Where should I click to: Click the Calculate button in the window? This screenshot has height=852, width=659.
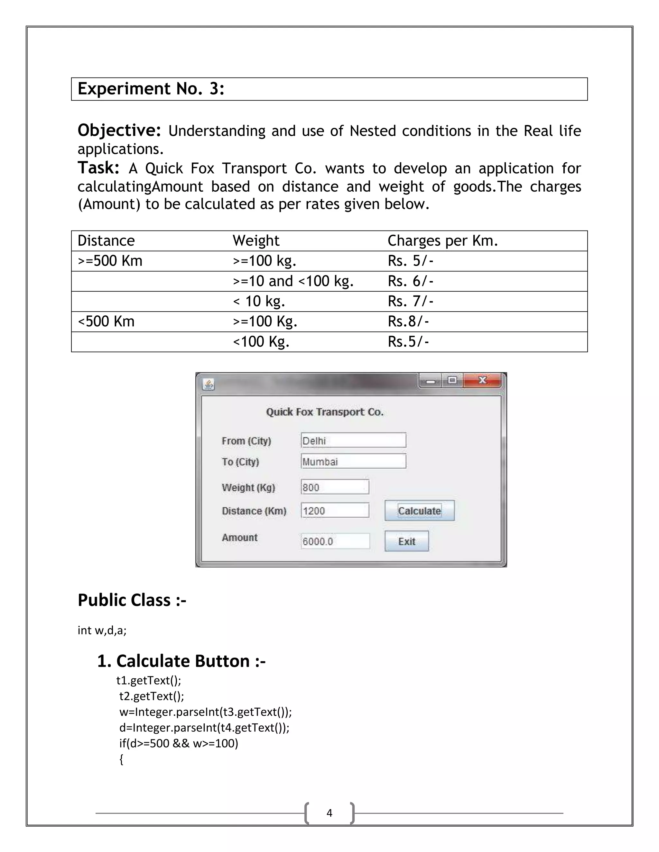point(419,510)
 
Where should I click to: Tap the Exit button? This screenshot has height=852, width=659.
point(406,541)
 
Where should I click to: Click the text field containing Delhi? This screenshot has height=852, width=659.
point(353,440)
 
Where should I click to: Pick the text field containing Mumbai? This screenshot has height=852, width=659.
point(353,461)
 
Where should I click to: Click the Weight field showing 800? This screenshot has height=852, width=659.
point(335,487)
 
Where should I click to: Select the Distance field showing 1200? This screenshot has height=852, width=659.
point(335,510)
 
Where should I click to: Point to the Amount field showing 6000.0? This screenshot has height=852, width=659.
point(335,541)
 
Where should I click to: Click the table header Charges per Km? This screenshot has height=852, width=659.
point(443,241)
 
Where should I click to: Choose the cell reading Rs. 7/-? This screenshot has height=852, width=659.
point(410,301)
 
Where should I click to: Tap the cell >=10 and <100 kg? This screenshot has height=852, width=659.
point(293,281)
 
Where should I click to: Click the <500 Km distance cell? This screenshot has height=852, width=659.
point(106,322)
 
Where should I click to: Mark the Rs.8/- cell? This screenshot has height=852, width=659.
point(408,322)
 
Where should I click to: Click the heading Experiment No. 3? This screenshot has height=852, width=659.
point(151,89)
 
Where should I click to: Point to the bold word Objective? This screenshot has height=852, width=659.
point(119,130)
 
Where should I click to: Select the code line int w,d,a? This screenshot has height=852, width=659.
point(102,630)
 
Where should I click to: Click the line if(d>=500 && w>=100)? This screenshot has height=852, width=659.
point(178,743)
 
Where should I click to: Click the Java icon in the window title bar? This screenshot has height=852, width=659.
point(209,385)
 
